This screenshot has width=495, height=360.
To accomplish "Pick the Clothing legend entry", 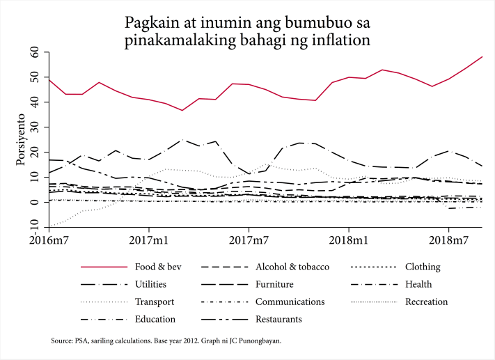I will coord(423,267).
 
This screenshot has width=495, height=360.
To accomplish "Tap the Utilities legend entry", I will coord(150,284).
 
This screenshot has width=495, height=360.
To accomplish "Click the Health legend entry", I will coord(418,284).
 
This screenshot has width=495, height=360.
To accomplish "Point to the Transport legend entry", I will coord(155,302).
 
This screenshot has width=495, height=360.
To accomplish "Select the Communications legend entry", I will coord(290,302).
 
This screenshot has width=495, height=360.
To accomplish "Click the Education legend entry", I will coord(155,319).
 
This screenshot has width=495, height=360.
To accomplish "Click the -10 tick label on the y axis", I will coord(32,227).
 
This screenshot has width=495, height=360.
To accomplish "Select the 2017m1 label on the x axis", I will coord(148,240).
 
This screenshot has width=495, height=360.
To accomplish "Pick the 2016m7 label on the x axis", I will coord(48,240).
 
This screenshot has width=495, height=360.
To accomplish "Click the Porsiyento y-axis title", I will coord(20,142).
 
